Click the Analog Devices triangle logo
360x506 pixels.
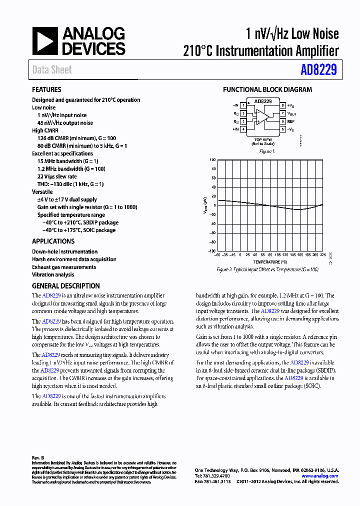click(x=45, y=41)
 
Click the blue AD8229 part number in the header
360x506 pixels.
click(x=318, y=70)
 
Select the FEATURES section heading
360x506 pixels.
click(x=46, y=89)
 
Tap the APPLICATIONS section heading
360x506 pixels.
click(x=53, y=241)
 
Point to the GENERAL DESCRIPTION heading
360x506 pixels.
click(x=65, y=286)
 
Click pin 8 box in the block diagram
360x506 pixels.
click(x=282, y=105)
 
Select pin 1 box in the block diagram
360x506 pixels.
click(x=243, y=105)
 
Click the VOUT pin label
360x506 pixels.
click(x=292, y=113)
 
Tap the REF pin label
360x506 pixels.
click(x=291, y=121)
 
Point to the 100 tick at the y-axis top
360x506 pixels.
click(x=212, y=160)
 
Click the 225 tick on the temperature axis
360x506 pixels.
click(x=322, y=254)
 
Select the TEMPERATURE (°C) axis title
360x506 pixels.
click(x=270, y=262)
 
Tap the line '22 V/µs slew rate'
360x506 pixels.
click(x=57, y=176)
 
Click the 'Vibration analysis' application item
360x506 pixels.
click(x=53, y=274)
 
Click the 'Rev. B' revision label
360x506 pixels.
click(x=38, y=458)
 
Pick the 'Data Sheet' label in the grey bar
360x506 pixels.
click(x=52, y=70)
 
